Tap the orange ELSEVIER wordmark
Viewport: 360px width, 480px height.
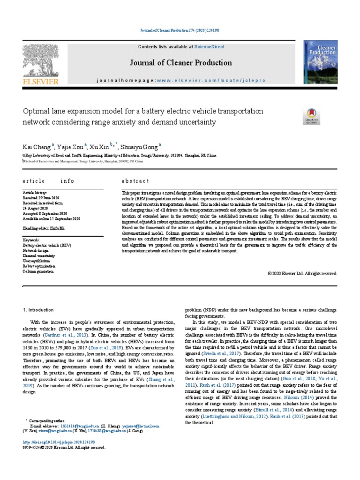pyautogui.click(x=41, y=81)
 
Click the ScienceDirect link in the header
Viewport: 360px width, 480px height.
pyautogui.click(x=210, y=47)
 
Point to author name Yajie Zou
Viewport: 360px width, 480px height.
pyautogui.click(x=71, y=146)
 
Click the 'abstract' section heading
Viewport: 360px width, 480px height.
pyautogui.click(x=135, y=181)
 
